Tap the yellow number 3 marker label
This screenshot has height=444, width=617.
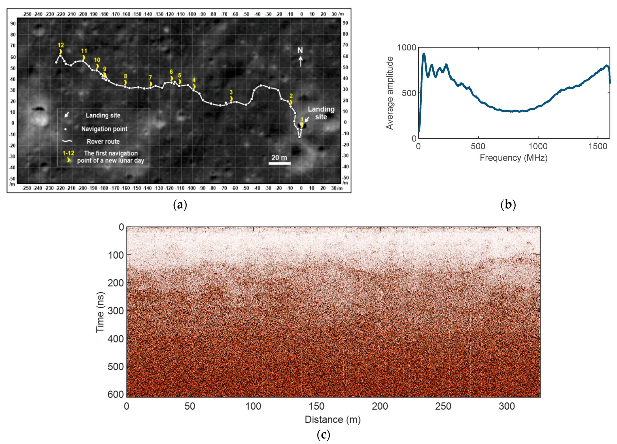pyautogui.click(x=231, y=92)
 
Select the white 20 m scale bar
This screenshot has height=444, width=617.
pyautogui.click(x=279, y=163)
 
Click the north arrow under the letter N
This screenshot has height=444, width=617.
pyautogui.click(x=301, y=62)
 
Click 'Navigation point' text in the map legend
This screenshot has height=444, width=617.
pyautogui.click(x=104, y=129)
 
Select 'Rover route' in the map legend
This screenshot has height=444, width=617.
pyautogui.click(x=103, y=141)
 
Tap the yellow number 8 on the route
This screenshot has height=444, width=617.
pyautogui.click(x=125, y=76)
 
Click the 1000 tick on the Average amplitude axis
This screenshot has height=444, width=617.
pyautogui.click(x=406, y=48)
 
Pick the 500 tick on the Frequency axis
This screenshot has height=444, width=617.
pyautogui.click(x=478, y=146)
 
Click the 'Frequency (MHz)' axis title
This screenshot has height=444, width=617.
pyautogui.click(x=513, y=158)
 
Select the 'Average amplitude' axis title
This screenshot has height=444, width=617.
pyautogui.click(x=390, y=93)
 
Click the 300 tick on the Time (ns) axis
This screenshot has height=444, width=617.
pyautogui.click(x=116, y=311)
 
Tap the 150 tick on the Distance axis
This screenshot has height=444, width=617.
pyautogui.click(x=316, y=406)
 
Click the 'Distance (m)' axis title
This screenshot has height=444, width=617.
pyautogui.click(x=332, y=419)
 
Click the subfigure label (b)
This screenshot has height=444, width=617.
pyautogui.click(x=508, y=205)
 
